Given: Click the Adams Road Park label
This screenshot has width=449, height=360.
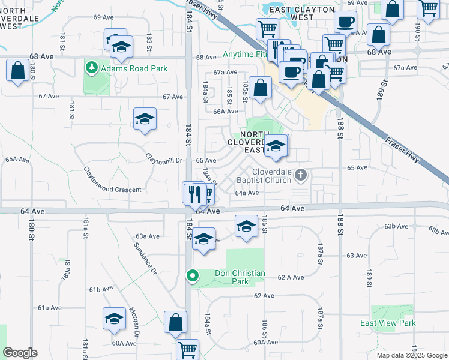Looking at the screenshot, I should click(x=134, y=68).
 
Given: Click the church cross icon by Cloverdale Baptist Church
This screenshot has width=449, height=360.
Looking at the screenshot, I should click(x=301, y=176).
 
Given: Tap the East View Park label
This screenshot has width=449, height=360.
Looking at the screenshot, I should click(x=388, y=323).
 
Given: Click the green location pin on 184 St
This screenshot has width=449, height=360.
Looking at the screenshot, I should click(x=192, y=276).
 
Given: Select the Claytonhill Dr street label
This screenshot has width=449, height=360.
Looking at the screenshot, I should click(x=164, y=158).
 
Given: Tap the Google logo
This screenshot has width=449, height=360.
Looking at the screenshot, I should click(x=20, y=353).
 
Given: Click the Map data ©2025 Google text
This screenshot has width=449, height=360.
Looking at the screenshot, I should click(x=411, y=355).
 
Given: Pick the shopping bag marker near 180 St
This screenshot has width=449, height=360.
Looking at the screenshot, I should click(x=18, y=70).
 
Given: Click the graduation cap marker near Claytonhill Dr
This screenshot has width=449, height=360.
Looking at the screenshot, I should click(x=145, y=119).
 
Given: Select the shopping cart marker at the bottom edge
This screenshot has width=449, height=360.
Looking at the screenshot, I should click(x=188, y=349).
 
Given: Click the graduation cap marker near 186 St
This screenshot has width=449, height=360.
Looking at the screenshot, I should click(x=246, y=227).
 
